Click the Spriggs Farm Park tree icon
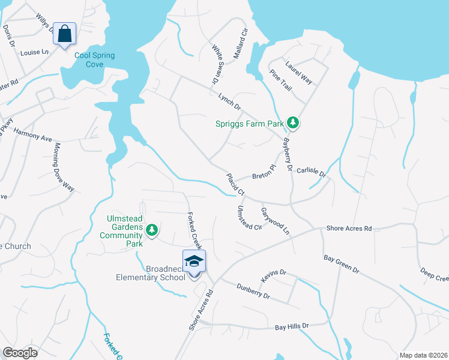tap(293, 123)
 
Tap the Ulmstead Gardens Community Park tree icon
tap(152, 230)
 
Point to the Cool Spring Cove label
tap(95, 59)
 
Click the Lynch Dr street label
tap(229, 101)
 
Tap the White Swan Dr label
tap(214, 63)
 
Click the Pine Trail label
tap(280, 80)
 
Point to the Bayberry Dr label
tap(287, 155)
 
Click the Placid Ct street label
tap(235, 184)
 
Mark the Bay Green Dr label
tap(341, 263)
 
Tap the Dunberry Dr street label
tap(254, 291)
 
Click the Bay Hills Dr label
tap(292, 327)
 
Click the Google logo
tap(20, 353)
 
